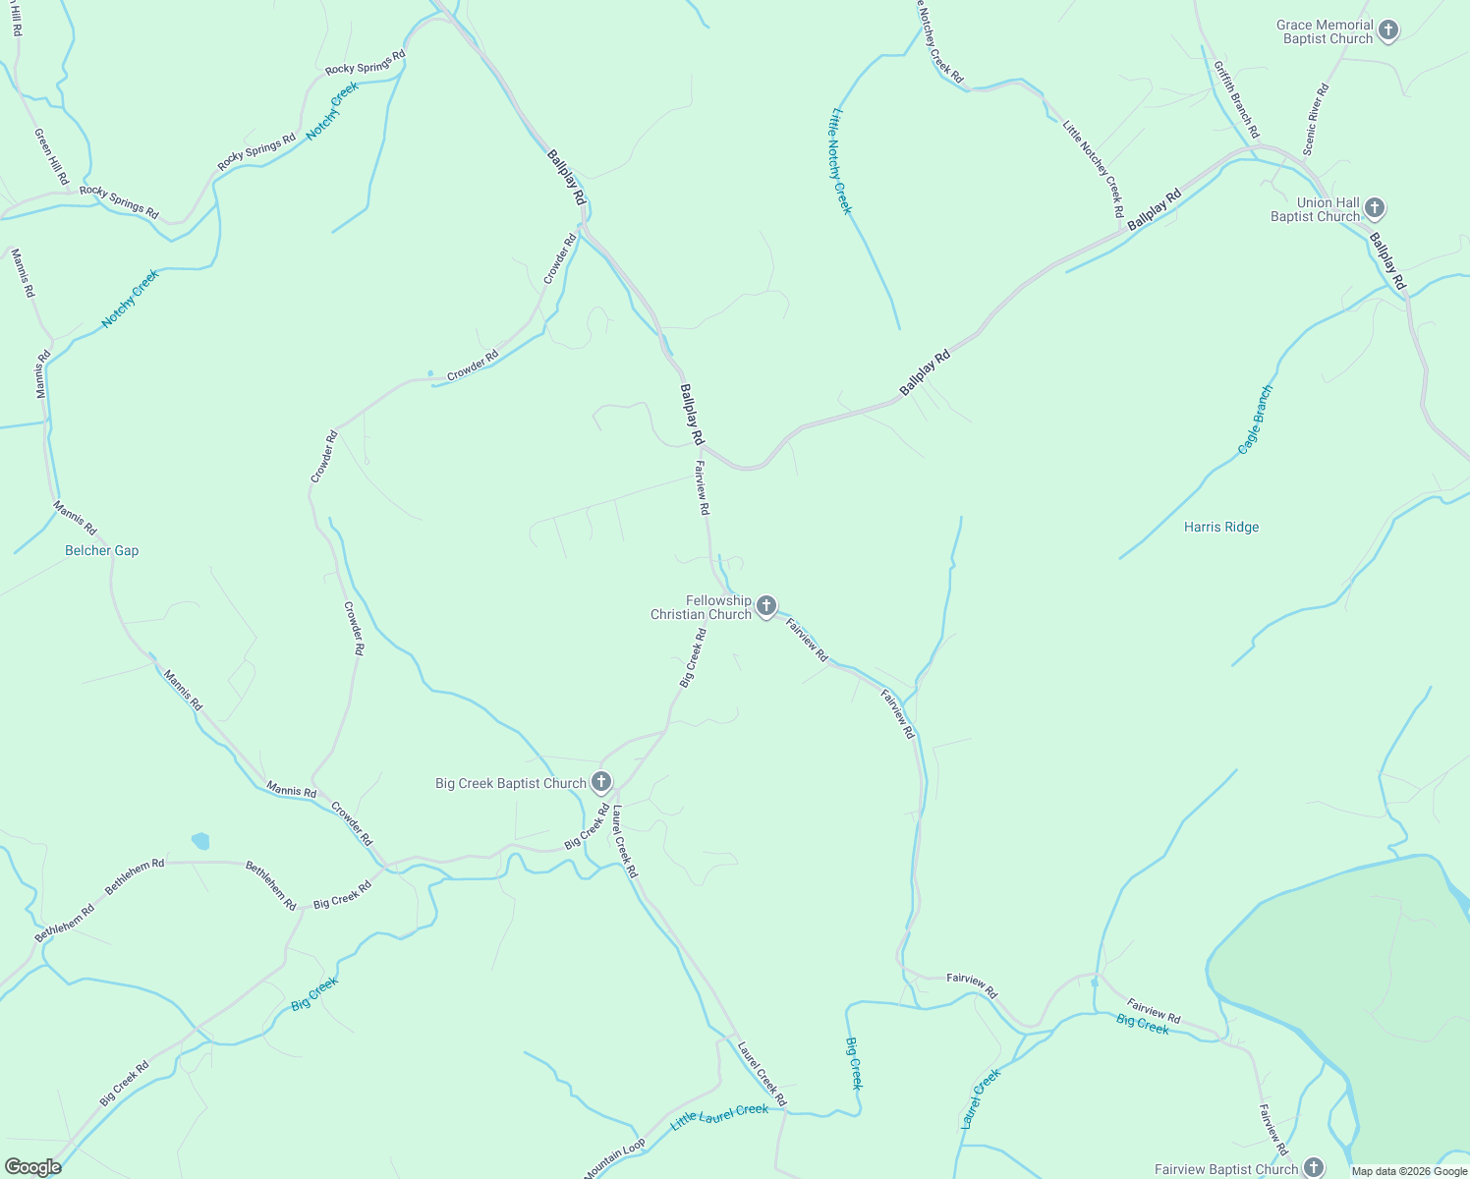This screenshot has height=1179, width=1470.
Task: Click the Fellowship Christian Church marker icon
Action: (766, 606)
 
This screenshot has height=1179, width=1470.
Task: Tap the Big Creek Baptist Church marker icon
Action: (601, 783)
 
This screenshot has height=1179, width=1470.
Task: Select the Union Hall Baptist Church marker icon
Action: (1375, 208)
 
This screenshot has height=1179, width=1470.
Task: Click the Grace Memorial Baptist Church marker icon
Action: (1387, 30)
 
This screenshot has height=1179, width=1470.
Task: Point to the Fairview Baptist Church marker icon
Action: (1313, 1168)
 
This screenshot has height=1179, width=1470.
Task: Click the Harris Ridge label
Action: (1221, 528)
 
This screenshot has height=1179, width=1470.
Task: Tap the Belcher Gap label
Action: (102, 551)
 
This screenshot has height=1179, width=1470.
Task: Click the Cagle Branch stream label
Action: (1255, 420)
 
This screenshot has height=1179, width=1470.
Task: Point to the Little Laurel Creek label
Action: (719, 1116)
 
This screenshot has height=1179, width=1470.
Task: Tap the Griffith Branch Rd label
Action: (1235, 100)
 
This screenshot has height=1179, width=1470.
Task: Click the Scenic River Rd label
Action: (1316, 119)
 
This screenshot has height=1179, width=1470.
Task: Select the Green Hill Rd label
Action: (52, 156)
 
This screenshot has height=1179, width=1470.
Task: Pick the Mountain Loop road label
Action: (615, 1158)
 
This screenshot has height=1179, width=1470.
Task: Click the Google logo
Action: (32, 1167)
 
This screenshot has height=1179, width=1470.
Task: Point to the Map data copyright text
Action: (1409, 1171)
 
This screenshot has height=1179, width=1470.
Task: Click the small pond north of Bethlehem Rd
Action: (200, 841)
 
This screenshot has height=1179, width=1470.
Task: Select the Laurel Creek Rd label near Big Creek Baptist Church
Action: (624, 842)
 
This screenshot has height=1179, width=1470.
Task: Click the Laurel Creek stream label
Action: (980, 1098)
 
